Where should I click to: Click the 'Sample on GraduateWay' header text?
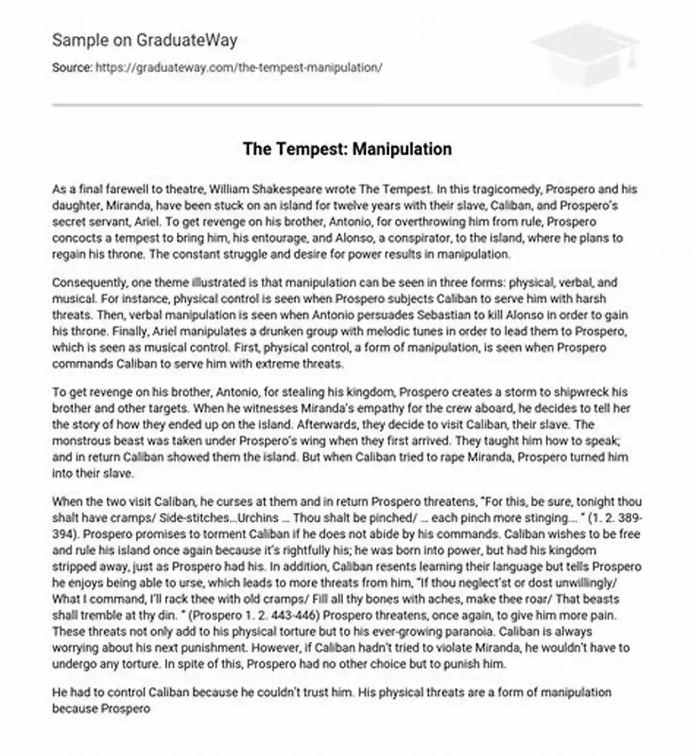point(145,41)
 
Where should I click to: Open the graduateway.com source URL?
point(239,68)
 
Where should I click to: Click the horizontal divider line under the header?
point(347,105)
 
